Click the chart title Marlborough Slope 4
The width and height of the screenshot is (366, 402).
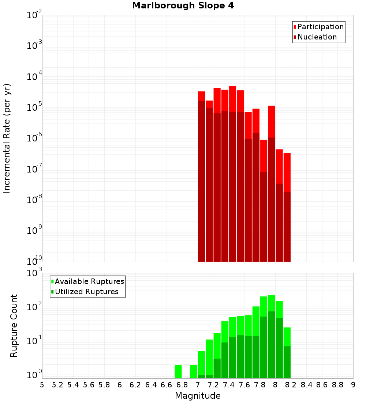point(183,5)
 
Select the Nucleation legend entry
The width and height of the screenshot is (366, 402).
point(317,37)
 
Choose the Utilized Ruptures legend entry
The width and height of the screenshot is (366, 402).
point(86,292)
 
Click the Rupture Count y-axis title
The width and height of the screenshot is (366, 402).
point(14,326)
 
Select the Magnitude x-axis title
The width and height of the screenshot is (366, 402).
point(198,396)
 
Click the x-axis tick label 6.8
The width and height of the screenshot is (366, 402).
point(182,385)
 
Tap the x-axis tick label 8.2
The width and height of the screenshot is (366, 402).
point(291,385)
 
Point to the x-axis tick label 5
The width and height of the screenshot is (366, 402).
point(42,385)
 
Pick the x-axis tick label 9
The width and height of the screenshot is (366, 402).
point(353,385)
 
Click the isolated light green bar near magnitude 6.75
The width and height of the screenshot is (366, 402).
point(178,371)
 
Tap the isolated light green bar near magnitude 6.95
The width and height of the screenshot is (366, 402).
point(194,371)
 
